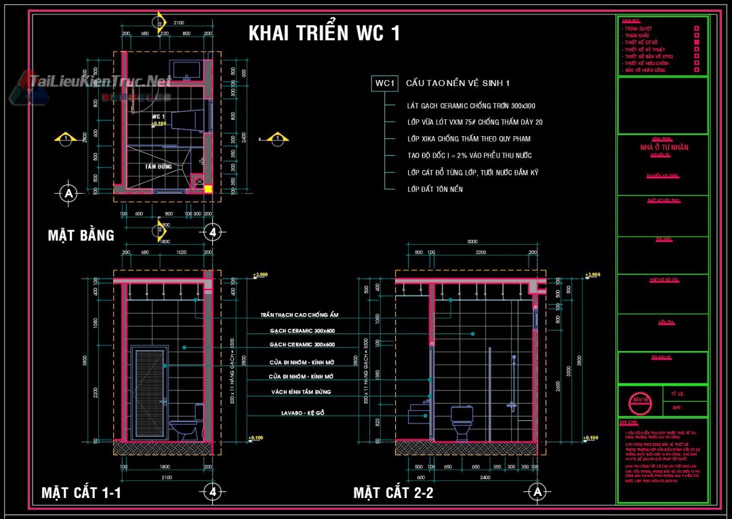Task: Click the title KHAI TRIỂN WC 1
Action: point(324,33)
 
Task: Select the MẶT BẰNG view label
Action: point(81,235)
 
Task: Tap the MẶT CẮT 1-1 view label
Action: point(81,493)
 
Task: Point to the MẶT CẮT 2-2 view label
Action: point(393,493)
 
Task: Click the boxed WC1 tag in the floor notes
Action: point(384,83)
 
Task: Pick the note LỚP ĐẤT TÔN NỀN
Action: point(435,189)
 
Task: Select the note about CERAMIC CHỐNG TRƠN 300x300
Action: point(471,106)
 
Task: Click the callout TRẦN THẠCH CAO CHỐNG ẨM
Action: point(299,315)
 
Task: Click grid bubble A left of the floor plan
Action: point(68,193)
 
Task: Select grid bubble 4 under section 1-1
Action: point(213,491)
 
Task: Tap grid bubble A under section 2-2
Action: point(537,491)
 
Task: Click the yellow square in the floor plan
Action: point(209,189)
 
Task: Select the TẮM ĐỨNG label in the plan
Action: point(159,166)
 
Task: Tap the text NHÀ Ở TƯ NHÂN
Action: point(664,148)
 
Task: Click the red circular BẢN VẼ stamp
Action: point(640,400)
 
